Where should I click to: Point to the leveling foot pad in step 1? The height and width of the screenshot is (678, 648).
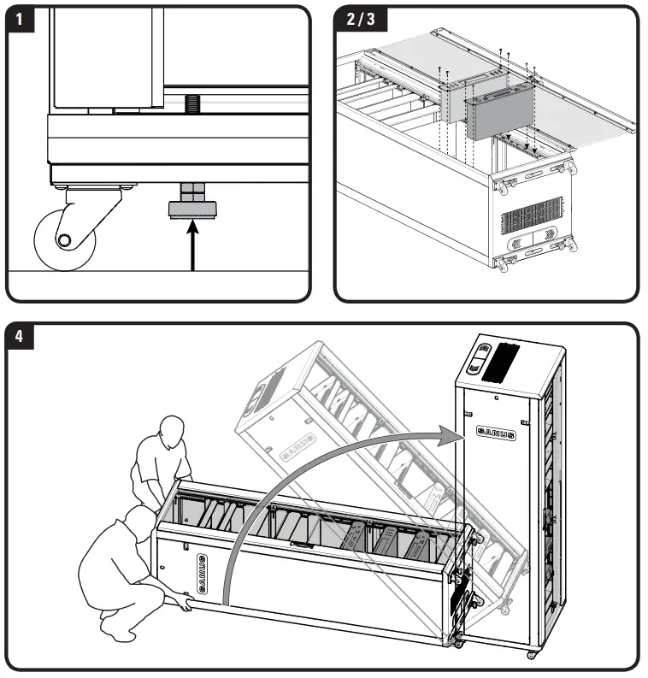[191, 209]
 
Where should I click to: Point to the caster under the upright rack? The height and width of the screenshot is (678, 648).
[530, 654]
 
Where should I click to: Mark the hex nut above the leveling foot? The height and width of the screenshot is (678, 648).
[191, 189]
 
